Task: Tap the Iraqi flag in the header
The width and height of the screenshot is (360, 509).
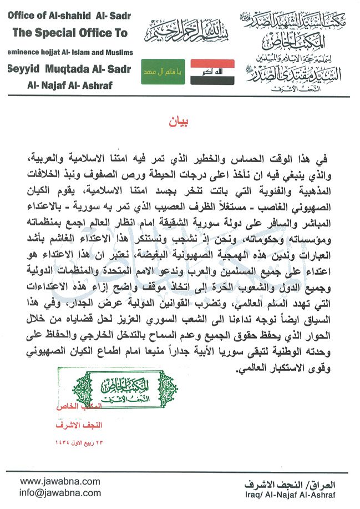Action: pyautogui.click(x=212, y=72)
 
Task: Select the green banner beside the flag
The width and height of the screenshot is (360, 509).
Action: pyautogui.click(x=163, y=72)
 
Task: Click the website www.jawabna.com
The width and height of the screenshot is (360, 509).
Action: pyautogui.click(x=53, y=481)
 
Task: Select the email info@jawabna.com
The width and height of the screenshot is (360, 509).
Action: pyautogui.click(x=53, y=492)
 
